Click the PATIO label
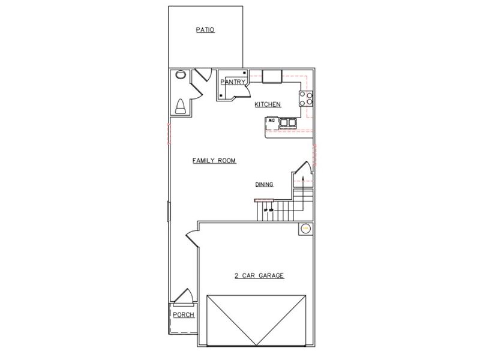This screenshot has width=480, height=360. point(205,29)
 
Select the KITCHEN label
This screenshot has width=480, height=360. point(268,104)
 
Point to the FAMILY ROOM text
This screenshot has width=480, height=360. point(214,161)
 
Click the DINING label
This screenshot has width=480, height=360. point(264,185)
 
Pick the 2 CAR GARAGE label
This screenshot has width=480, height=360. point(259,276)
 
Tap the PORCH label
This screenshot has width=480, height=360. point(183,315)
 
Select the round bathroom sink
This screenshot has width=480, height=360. point(179,76)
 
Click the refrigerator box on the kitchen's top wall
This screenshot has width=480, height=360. point(272,76)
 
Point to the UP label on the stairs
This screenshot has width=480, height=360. point(265,209)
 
